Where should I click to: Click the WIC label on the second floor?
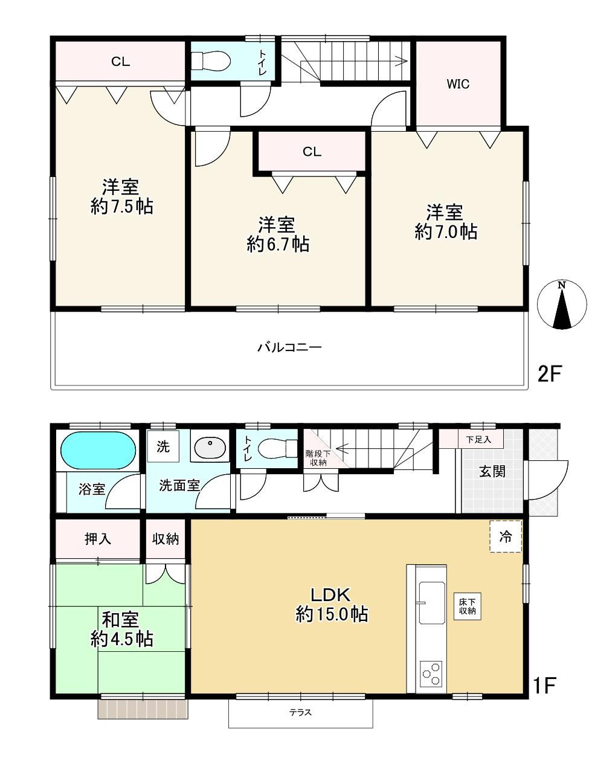click(458, 84)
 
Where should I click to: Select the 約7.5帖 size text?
click(122, 207)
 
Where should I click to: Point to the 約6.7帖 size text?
click(278, 244)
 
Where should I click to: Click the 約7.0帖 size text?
click(446, 231)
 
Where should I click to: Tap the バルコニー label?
click(290, 347)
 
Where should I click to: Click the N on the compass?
click(562, 285)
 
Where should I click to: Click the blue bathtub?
click(98, 451)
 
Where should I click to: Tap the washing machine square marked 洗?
click(163, 446)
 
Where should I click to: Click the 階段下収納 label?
click(318, 457)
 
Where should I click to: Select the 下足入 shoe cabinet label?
click(478, 439)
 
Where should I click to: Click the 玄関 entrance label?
click(492, 471)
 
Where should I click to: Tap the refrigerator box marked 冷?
click(506, 537)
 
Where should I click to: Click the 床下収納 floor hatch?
click(467, 606)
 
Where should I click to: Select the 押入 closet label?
click(98, 539)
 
